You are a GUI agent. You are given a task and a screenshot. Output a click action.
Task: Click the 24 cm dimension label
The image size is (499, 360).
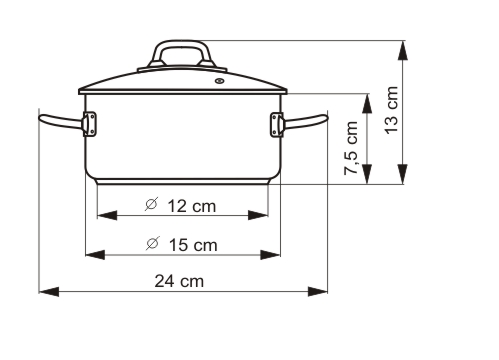point(180,281)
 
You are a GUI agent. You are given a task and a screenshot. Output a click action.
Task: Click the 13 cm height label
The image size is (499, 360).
point(390,110)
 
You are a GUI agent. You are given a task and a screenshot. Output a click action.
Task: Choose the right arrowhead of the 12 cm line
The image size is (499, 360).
point(265,216)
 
